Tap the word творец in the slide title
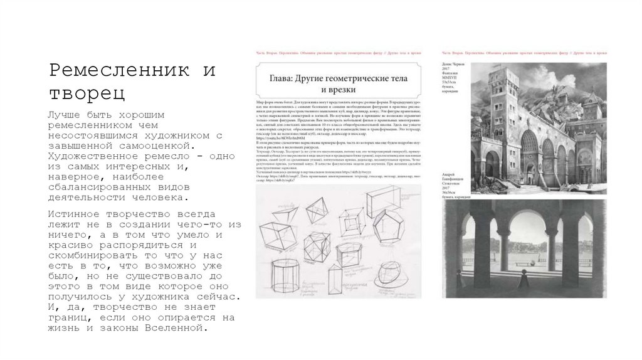coord(87,93)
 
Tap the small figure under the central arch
coord(523,275)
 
